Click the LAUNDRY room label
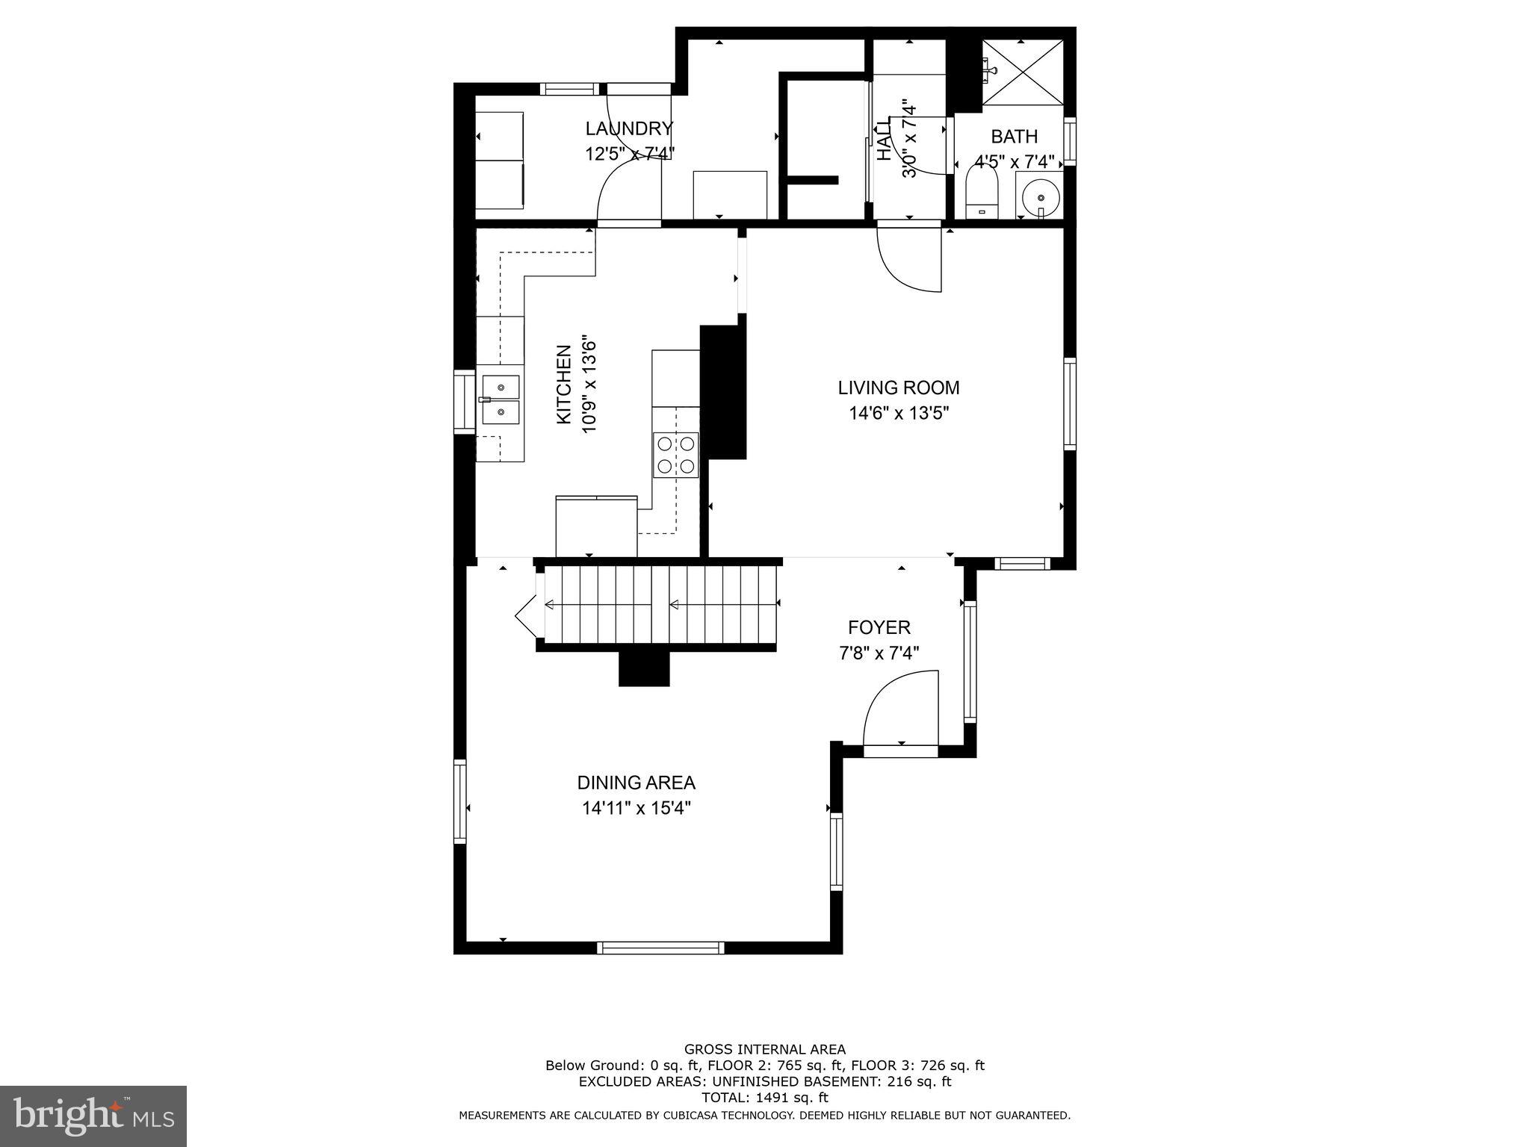click(629, 128)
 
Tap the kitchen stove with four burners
click(675, 454)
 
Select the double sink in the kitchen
click(500, 399)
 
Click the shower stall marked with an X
click(1022, 72)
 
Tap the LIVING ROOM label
click(898, 388)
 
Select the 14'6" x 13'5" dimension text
click(898, 413)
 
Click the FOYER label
click(879, 627)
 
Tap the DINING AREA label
click(636, 783)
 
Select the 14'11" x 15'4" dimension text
click(636, 808)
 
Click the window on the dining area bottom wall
click(660, 948)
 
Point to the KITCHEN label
click(565, 385)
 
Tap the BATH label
click(1014, 137)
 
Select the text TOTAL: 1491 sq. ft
click(764, 1098)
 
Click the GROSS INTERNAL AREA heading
click(764, 1049)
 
